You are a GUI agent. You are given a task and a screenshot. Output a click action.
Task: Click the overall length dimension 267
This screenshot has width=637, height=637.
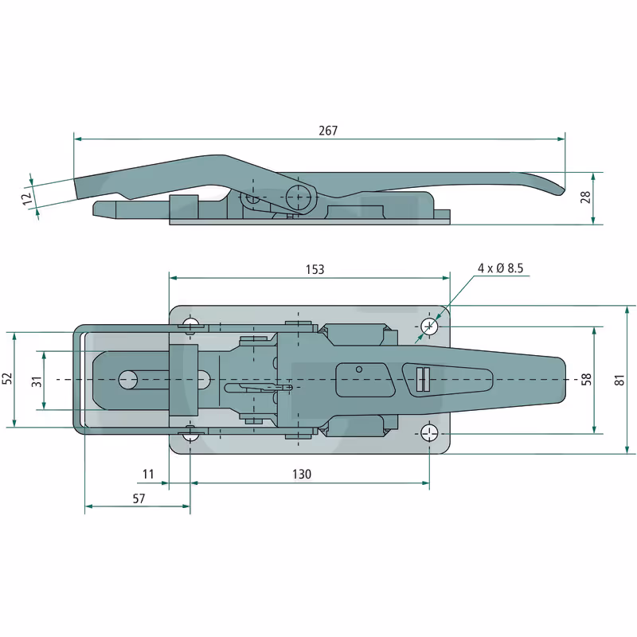[x=328, y=131]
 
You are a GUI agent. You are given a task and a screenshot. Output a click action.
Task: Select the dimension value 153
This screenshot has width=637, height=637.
[x=315, y=270]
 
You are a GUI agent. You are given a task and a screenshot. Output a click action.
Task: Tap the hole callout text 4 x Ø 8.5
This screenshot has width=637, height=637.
[x=500, y=268]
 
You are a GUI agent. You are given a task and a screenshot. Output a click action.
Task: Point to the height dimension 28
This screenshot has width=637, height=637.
[x=585, y=197]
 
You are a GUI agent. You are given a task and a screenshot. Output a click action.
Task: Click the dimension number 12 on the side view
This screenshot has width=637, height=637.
[x=27, y=199]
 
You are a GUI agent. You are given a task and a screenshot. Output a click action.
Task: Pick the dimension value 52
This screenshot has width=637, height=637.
[x=8, y=379]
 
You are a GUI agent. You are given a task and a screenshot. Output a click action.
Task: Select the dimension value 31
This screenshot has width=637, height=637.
[x=37, y=381]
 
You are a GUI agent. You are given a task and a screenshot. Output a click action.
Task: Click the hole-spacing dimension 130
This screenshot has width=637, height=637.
[x=302, y=474]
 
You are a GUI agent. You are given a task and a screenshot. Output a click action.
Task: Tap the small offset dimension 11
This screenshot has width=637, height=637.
[x=148, y=474]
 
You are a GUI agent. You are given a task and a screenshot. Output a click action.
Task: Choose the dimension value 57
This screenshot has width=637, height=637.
[x=139, y=498]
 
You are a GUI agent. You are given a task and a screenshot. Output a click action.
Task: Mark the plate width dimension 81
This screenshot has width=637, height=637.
[x=619, y=381]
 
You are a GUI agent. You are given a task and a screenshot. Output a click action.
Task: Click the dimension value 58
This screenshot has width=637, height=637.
[x=586, y=380]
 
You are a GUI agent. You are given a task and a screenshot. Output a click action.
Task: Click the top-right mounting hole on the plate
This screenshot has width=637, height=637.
[x=429, y=326]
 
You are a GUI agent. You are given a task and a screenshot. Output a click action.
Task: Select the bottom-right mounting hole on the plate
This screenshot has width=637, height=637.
[x=429, y=433]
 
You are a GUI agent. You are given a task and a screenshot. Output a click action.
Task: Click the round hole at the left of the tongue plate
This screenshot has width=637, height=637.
[x=128, y=380]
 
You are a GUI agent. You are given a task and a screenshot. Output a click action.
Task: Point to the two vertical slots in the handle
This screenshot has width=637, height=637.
[x=423, y=380]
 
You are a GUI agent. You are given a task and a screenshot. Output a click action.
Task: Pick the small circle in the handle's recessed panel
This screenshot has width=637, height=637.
[x=359, y=369]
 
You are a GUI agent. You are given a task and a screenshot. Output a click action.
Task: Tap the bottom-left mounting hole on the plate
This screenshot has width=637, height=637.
[x=190, y=435]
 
